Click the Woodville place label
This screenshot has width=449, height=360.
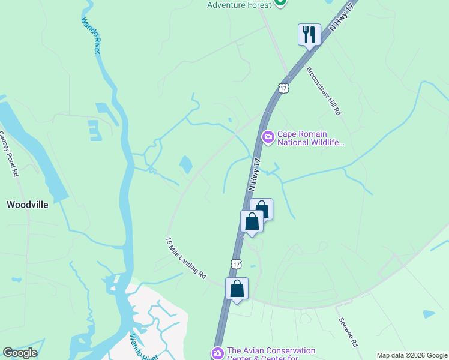click(27, 205)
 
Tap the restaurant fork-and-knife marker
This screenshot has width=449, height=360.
click(309, 34)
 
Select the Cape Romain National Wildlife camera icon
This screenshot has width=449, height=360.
click(268, 138)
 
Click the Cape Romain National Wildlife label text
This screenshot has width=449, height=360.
click(310, 138)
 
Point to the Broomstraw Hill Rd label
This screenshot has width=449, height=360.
click(324, 91)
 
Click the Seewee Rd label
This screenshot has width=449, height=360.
click(348, 332)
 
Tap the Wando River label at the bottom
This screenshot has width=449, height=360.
click(143, 349)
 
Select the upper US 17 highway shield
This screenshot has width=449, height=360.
click(283, 88)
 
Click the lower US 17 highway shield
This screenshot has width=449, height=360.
click(237, 263)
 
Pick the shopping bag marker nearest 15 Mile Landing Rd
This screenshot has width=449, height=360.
click(237, 289)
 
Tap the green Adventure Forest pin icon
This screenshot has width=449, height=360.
click(280, 3)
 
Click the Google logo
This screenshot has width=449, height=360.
click(20, 353)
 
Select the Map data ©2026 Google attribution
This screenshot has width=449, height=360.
click(411, 355)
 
